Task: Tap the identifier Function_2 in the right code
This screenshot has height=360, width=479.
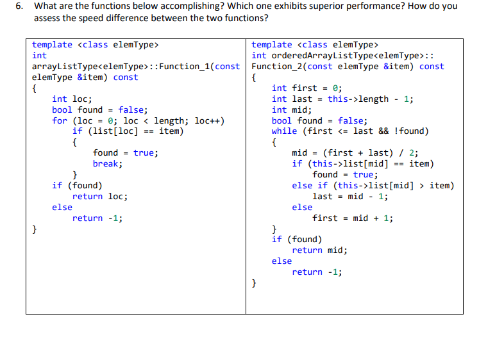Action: click(278, 67)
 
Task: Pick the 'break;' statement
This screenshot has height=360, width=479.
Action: click(108, 163)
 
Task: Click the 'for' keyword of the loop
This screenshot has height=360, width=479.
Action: click(60, 120)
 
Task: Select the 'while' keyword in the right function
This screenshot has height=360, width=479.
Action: click(284, 131)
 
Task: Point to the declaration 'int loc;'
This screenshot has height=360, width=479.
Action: click(72, 99)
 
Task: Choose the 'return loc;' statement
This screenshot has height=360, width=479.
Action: click(100, 196)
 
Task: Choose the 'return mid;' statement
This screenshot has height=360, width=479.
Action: click(320, 250)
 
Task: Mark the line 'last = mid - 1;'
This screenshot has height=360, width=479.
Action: click(349, 196)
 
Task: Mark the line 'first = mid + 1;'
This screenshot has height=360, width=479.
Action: click(353, 218)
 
